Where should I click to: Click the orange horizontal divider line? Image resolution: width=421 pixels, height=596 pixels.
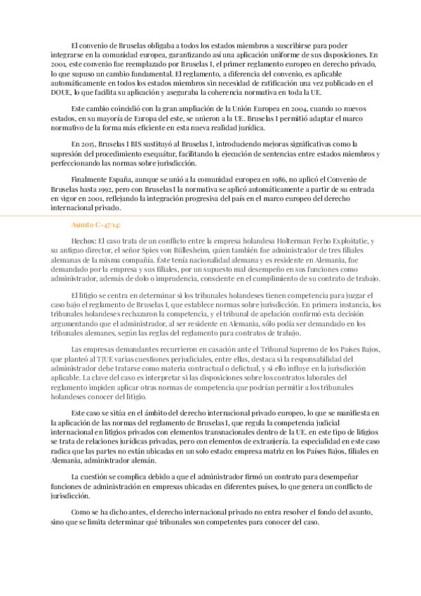click(210, 214)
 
